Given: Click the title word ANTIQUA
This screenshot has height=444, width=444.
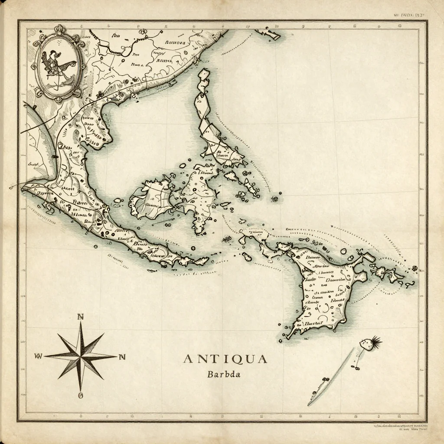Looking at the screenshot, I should [x=225, y=359].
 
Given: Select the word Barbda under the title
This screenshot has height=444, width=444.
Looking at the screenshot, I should [x=224, y=374].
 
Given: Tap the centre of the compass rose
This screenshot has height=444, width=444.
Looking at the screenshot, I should [x=81, y=356].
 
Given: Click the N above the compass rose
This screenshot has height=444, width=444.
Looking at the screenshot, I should [x=80, y=317].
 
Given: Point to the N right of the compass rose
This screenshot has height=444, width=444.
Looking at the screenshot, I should [x=122, y=357].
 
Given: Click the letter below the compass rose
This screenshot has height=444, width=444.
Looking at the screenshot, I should [x=81, y=395].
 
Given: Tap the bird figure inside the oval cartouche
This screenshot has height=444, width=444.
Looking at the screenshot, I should [x=58, y=65].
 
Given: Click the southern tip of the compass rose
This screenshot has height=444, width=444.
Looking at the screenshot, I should [x=81, y=388].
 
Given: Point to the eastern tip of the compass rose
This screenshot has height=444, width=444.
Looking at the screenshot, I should [x=115, y=357].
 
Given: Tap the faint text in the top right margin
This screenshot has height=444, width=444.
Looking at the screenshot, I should [x=409, y=14].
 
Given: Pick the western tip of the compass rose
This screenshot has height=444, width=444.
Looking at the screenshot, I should [x=46, y=356].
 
